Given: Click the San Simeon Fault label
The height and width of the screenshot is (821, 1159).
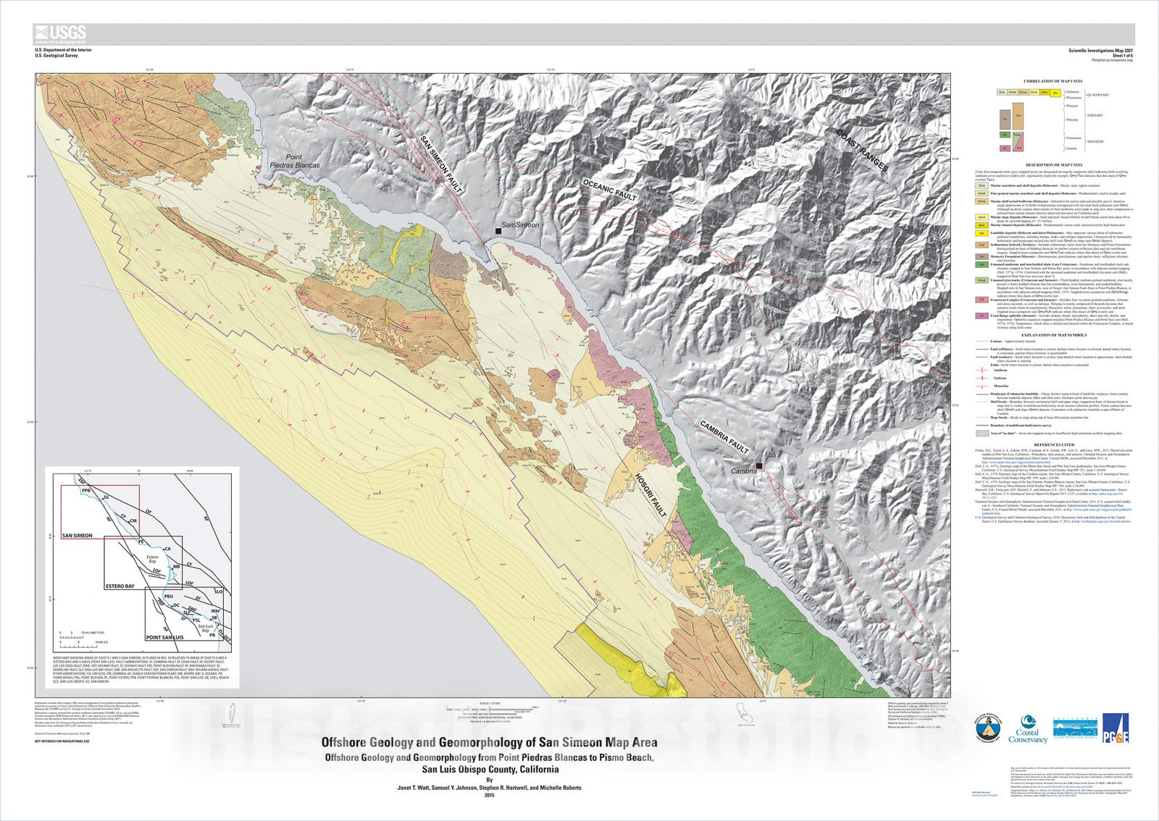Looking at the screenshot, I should [441, 166].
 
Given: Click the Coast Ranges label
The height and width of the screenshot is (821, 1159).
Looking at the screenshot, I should [862, 151].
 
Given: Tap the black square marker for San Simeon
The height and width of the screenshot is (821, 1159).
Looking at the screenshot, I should [498, 230].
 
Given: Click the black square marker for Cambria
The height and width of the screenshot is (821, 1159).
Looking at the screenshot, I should [758, 466].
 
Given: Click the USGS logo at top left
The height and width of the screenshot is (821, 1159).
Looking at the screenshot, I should [60, 33].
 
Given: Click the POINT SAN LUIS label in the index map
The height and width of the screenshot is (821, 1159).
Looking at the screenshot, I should [165, 637].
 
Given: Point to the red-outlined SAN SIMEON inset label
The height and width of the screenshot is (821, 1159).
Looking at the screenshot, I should [78, 536].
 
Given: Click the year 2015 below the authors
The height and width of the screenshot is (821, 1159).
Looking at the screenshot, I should [489, 796].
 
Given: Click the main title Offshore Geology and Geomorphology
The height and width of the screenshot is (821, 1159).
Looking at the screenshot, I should [489, 742].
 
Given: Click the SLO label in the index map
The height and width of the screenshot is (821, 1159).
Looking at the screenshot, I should [218, 592].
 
